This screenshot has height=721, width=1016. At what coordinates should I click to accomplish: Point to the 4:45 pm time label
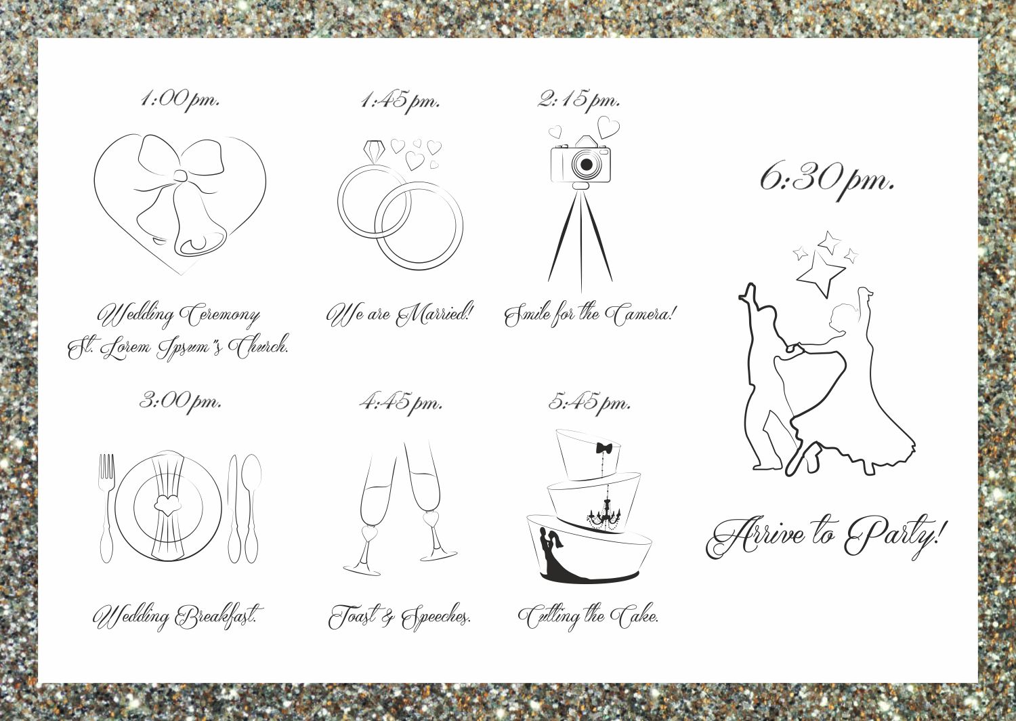[400, 403]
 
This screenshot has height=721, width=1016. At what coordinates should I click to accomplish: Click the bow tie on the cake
[604, 449]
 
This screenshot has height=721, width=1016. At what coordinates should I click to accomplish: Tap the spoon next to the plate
[252, 508]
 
